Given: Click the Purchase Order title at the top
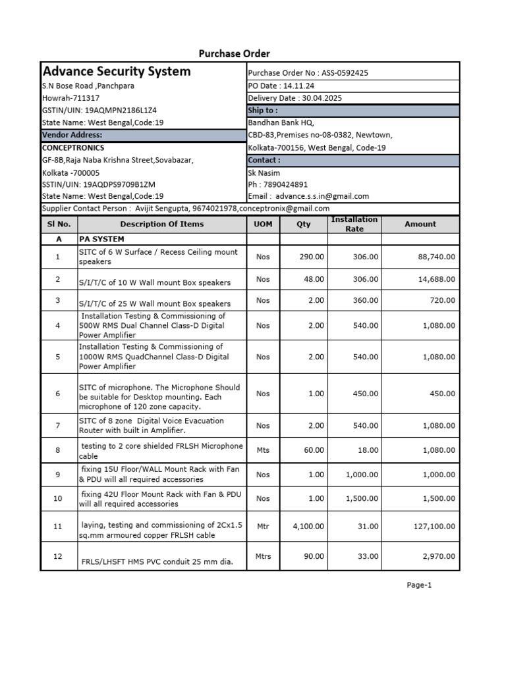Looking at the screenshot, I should tap(235, 53).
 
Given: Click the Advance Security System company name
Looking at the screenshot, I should tap(117, 71).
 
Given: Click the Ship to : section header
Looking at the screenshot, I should tap(263, 111).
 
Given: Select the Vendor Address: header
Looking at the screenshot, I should tap(72, 134).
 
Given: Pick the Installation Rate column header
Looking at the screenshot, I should tap(354, 224).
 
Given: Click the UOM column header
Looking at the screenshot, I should tap(263, 224).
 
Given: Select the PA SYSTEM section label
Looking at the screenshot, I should tap(101, 240).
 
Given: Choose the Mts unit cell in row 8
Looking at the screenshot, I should tap(263, 451).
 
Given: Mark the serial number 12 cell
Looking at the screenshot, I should tap(58, 556).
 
